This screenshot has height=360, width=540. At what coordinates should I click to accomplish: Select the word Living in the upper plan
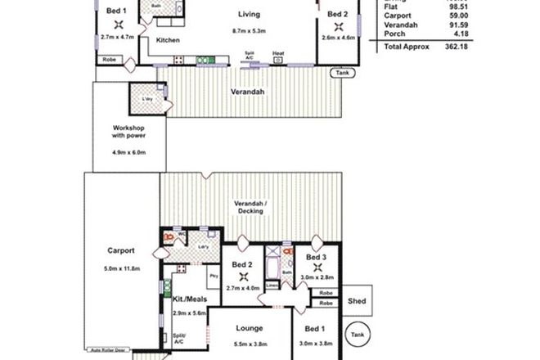(x=248, y=15)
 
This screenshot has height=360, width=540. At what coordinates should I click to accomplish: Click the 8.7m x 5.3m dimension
(x=248, y=32)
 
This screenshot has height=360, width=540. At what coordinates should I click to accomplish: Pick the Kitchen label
(x=168, y=40)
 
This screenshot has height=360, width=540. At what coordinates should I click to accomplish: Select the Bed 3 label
(x=317, y=257)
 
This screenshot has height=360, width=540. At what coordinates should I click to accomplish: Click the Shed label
(x=358, y=299)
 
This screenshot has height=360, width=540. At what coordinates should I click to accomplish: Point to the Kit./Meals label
(x=188, y=300)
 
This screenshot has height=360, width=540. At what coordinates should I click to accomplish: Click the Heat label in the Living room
(x=279, y=53)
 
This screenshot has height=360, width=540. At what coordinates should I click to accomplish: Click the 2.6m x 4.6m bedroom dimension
(x=337, y=37)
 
